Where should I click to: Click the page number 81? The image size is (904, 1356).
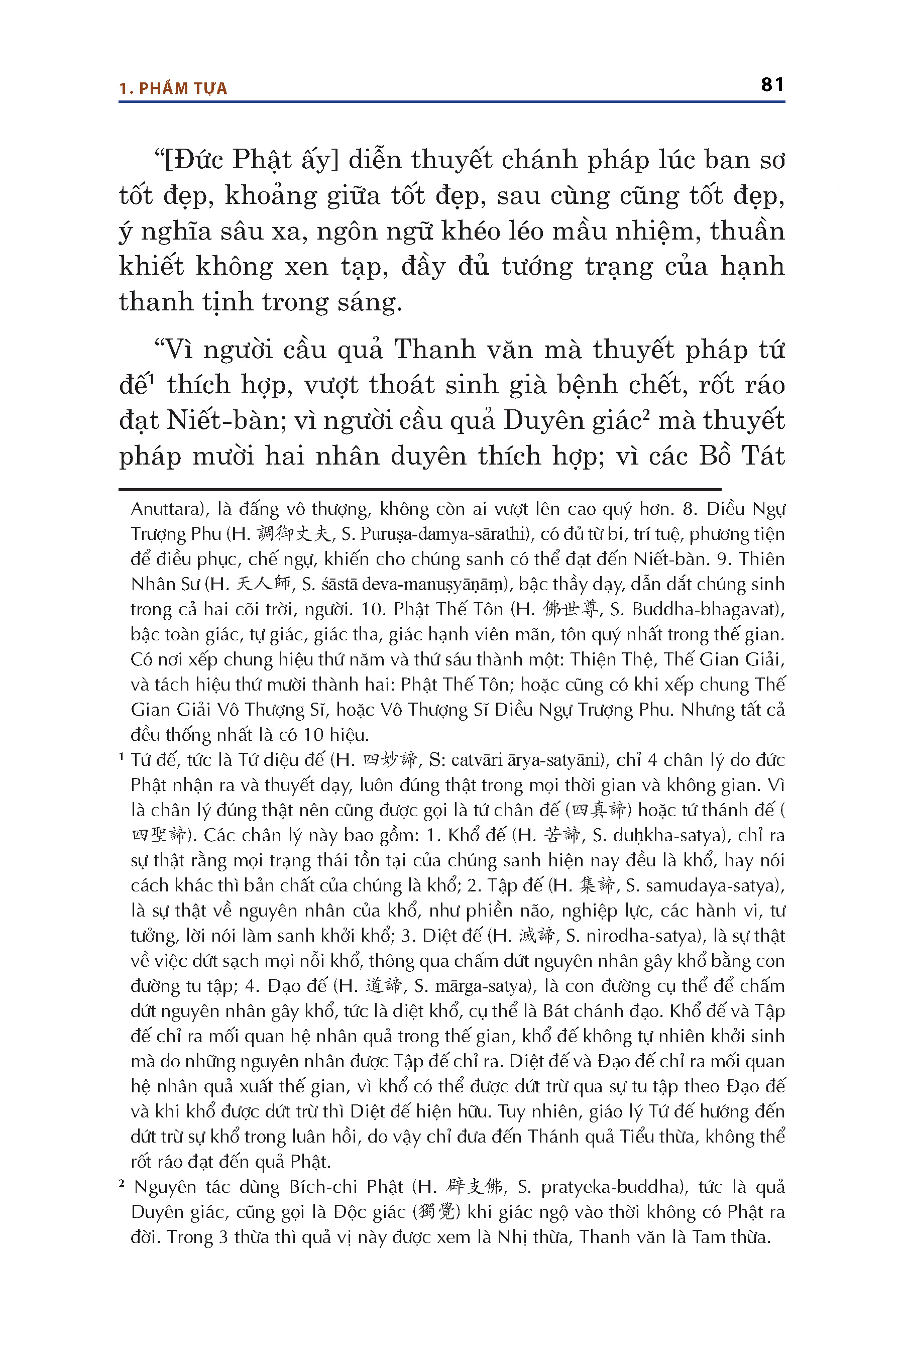click(772, 85)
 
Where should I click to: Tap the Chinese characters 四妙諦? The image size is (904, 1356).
click(390, 760)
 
